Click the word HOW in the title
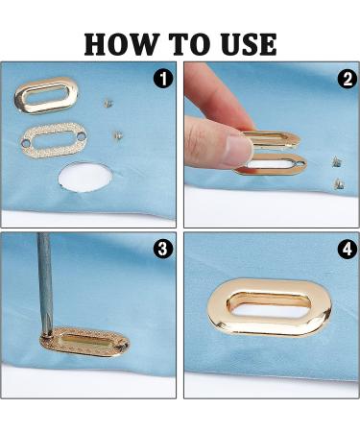(x=122, y=44)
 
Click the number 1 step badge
(x=163, y=79)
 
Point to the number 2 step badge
(x=348, y=79)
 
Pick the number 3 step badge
(x=163, y=248)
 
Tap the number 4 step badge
(x=348, y=250)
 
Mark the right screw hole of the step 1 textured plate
(x=83, y=136)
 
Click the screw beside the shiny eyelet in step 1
(x=108, y=103)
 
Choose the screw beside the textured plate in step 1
(x=118, y=134)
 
